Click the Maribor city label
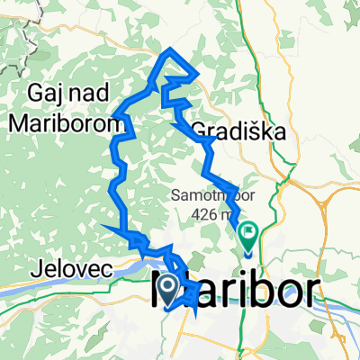pos(243,291)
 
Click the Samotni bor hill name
pos(206,195)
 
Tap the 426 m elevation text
pos(211,215)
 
